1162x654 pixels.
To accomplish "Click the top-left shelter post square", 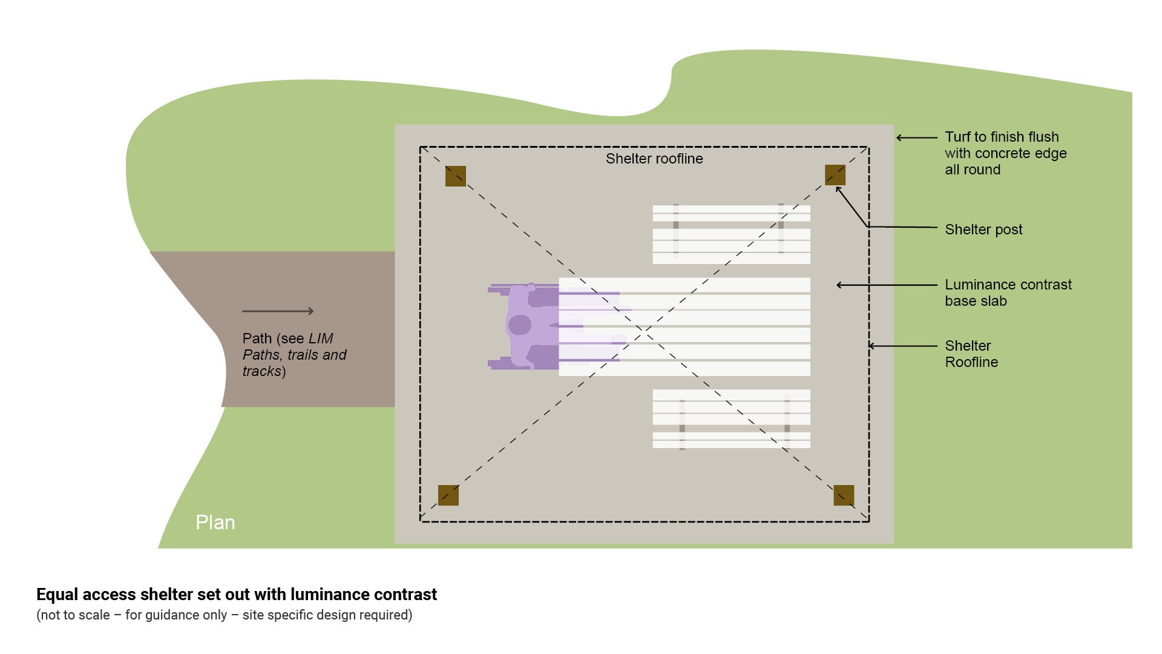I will [455, 176].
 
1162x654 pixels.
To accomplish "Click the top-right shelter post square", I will [835, 175].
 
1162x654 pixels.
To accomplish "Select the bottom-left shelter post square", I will [448, 495].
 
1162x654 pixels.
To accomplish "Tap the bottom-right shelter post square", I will [843, 495].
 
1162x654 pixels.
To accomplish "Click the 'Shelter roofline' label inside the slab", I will [654, 159].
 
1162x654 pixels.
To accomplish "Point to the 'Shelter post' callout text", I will [983, 230].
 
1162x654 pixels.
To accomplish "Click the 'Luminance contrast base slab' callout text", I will [1008, 292].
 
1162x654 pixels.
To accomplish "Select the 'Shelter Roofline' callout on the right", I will [971, 354].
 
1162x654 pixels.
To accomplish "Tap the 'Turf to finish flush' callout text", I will [1005, 153].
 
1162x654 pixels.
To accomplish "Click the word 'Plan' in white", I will [215, 523].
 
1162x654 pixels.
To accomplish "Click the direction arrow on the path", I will [278, 311].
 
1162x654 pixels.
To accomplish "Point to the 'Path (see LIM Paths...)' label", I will [294, 355].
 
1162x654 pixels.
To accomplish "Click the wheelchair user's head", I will [519, 325].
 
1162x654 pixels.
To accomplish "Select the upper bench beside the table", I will [731, 234].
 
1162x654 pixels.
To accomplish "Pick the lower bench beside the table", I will [731, 419].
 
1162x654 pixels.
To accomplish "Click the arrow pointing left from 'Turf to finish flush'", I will [916, 138].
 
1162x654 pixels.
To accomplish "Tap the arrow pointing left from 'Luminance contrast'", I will [886, 285].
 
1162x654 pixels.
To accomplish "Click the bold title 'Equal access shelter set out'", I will [237, 595].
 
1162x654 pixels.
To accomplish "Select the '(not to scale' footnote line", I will [224, 615].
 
